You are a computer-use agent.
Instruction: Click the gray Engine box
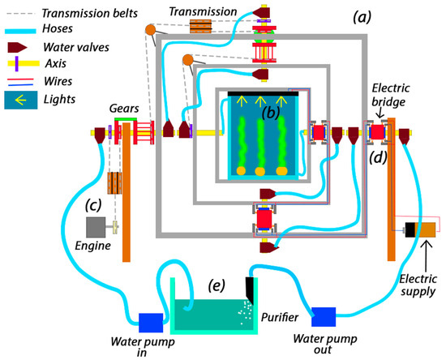[x=96, y=227]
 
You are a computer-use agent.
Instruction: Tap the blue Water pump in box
[x=151, y=323]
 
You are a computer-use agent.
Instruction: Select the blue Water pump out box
[x=324, y=317]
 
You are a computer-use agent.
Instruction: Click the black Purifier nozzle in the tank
[x=250, y=289]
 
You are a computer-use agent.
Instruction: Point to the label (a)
[x=362, y=18]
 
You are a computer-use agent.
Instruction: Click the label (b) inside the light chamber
[x=270, y=113]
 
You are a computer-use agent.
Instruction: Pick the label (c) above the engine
[x=93, y=205]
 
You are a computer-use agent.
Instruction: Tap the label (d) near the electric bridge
[x=378, y=158]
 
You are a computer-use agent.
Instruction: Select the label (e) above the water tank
[x=217, y=285]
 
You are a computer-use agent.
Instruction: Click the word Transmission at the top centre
[x=203, y=11]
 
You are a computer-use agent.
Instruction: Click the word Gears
[x=124, y=109]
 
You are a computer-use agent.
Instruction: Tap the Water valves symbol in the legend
[x=17, y=47]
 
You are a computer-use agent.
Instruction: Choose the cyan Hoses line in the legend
[x=20, y=32]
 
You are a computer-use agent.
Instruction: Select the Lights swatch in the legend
[x=21, y=100]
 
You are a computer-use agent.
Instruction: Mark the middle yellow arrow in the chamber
[x=260, y=101]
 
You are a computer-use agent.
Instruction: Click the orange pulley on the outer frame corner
[x=151, y=29]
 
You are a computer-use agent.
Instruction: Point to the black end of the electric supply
[x=410, y=229]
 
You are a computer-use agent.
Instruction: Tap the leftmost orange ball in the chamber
[x=241, y=170]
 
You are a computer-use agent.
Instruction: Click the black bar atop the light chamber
[x=263, y=94]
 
